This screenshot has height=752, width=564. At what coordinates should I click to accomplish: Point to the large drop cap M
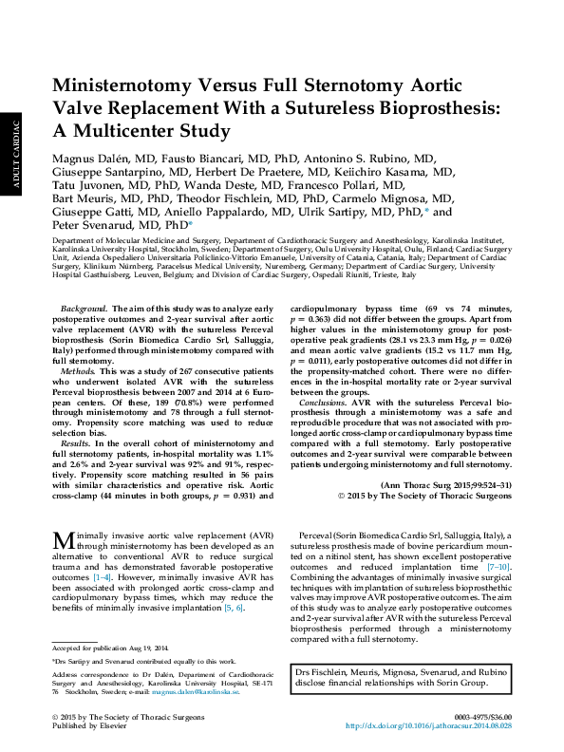[63, 541]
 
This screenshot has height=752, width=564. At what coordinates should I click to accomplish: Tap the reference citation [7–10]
[497, 565]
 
